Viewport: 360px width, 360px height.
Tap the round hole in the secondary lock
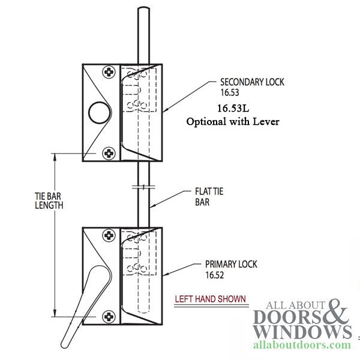(x=97, y=112)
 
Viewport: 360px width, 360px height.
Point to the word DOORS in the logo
(x=289, y=316)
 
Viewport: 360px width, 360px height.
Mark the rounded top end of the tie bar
(x=143, y=9)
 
